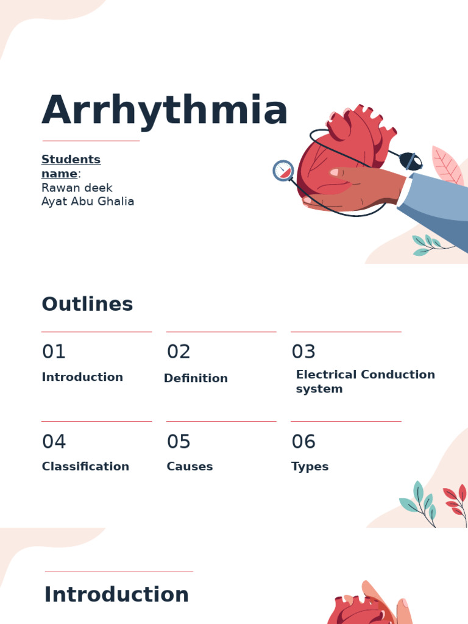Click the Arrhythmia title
tap(165, 111)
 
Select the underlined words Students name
tap(71, 166)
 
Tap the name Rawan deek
tap(77, 188)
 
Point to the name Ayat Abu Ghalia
tap(88, 202)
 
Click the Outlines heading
tap(87, 304)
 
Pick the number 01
tap(54, 352)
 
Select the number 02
tap(179, 352)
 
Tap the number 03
tap(303, 352)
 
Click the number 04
tap(54, 442)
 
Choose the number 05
tap(179, 442)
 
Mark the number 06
tap(303, 442)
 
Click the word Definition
tap(196, 378)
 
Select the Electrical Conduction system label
tap(365, 381)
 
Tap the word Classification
tap(85, 467)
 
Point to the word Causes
tap(190, 467)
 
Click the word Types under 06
tap(310, 467)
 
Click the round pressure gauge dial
tap(283, 171)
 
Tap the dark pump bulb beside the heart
tap(411, 161)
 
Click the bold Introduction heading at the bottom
tap(116, 595)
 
